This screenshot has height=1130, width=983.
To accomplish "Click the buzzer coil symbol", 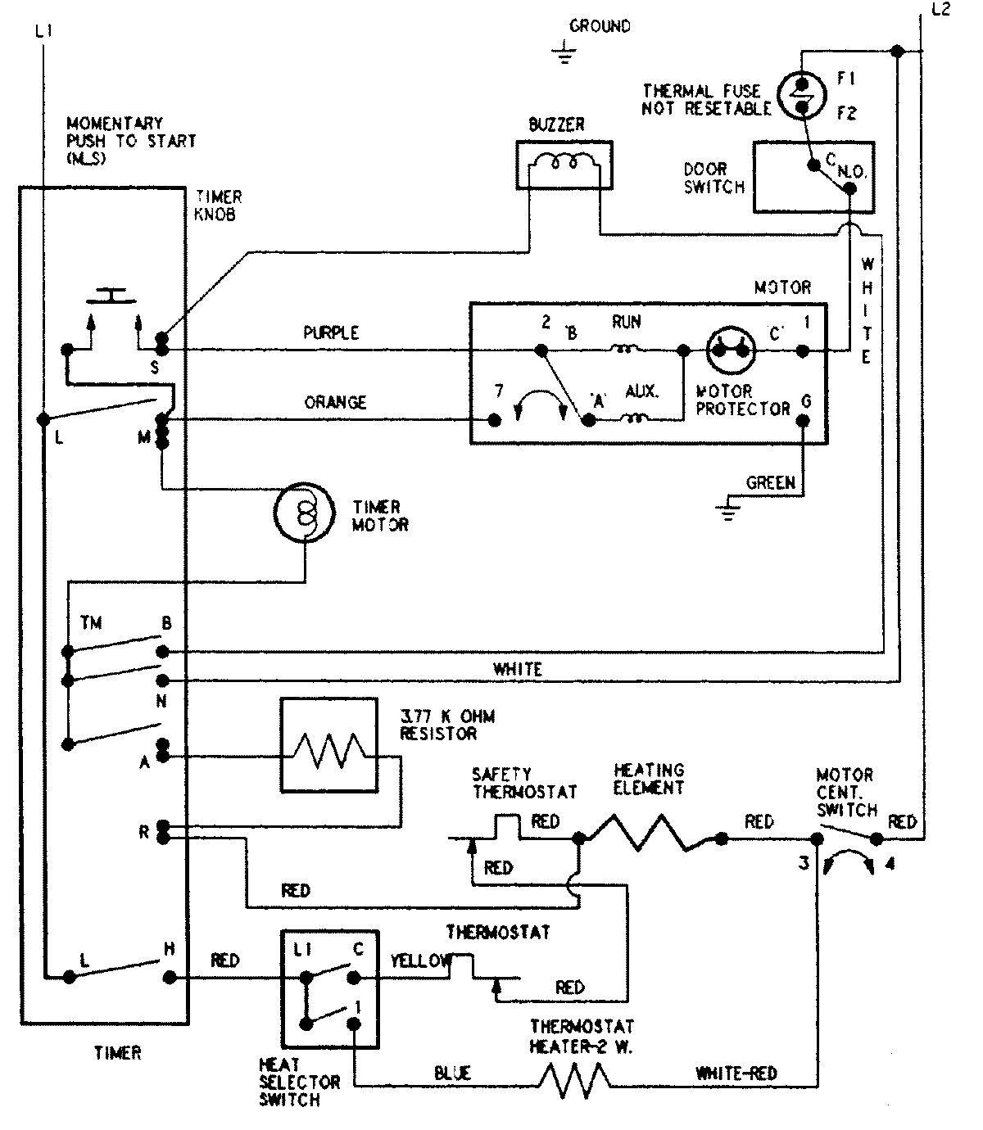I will [x=564, y=165].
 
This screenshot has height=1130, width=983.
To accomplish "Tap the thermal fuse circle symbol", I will [x=799, y=96].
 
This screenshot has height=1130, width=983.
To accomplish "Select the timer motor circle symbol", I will [x=304, y=513].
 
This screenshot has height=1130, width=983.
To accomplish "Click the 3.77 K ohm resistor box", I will [x=329, y=745].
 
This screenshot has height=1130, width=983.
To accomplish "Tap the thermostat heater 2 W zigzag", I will [x=574, y=1080].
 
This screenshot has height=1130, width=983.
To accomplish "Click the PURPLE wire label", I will [x=331, y=333].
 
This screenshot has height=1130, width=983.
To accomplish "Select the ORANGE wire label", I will [x=335, y=403].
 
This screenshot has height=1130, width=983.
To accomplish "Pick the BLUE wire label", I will [x=452, y=1073].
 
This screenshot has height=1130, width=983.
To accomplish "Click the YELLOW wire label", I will [x=420, y=960].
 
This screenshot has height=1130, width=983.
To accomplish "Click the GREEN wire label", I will [x=770, y=483].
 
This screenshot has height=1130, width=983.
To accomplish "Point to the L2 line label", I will [x=941, y=11].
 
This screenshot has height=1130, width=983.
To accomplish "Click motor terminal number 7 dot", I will [x=495, y=420].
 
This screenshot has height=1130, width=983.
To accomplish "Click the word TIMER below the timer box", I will [x=117, y=1053].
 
